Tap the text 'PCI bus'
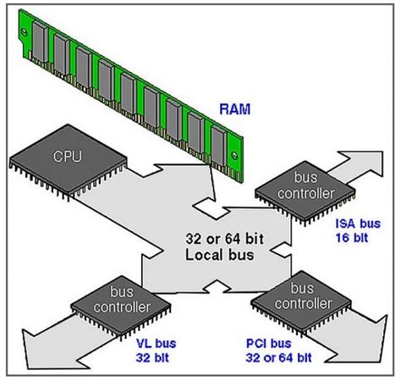tap(268, 345)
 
